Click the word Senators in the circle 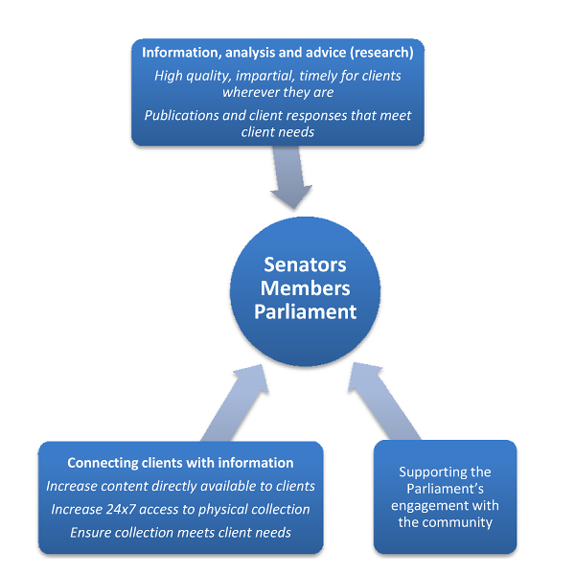305,265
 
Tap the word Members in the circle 305,288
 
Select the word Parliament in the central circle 305,311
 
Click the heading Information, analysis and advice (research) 277,52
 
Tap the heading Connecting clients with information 180,463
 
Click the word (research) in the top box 383,52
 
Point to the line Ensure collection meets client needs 180,532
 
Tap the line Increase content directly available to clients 180,486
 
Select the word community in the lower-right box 445,523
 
